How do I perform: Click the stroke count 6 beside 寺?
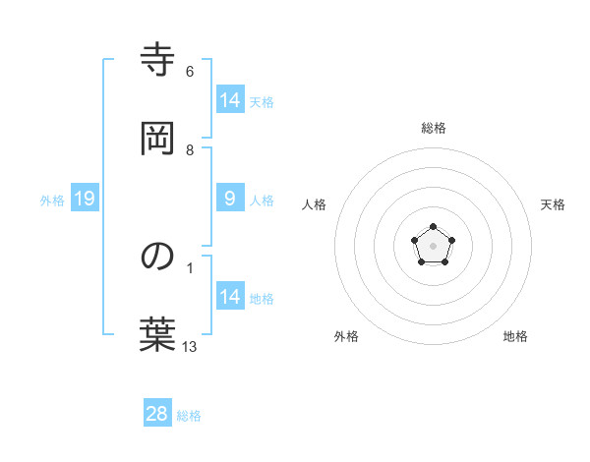click(190, 72)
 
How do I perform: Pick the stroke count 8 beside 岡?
click(190, 150)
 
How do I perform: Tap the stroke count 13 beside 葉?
click(190, 346)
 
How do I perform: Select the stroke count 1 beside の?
click(190, 267)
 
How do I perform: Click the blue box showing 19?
click(85, 200)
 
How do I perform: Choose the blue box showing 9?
click(229, 199)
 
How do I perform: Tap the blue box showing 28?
click(157, 414)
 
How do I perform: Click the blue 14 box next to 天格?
click(230, 100)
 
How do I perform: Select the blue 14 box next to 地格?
click(230, 297)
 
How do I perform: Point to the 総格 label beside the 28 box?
click(189, 416)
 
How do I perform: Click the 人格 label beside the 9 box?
click(262, 201)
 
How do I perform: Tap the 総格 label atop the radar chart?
click(434, 128)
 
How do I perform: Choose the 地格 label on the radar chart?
click(515, 336)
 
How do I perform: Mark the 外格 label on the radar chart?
click(346, 336)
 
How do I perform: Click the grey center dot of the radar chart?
click(433, 246)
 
